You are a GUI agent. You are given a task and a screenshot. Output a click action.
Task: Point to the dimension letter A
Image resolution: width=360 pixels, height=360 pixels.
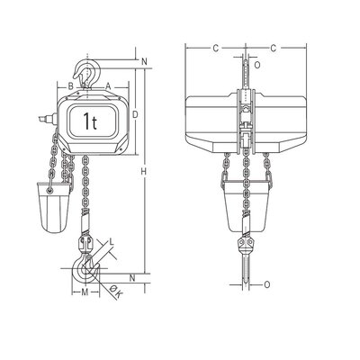click(108, 86)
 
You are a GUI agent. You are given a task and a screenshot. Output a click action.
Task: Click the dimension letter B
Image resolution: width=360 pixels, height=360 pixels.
click(71, 86)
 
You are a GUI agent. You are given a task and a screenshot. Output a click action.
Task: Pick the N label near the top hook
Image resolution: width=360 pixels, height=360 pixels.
click(145, 62)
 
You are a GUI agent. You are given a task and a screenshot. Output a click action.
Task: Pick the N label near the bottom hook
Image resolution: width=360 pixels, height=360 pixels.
click(133, 276)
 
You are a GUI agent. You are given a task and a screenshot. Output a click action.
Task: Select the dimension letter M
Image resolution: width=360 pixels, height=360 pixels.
click(85, 292)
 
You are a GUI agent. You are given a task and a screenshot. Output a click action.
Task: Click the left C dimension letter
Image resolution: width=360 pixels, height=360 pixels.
click(215, 47)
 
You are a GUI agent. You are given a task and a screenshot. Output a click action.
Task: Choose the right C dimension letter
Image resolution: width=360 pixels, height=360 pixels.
click(273, 47)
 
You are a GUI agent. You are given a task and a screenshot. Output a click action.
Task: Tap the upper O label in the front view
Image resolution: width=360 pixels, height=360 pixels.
click(258, 65)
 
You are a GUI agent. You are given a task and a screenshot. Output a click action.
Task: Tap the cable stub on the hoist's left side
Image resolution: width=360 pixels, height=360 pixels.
click(45, 116)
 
